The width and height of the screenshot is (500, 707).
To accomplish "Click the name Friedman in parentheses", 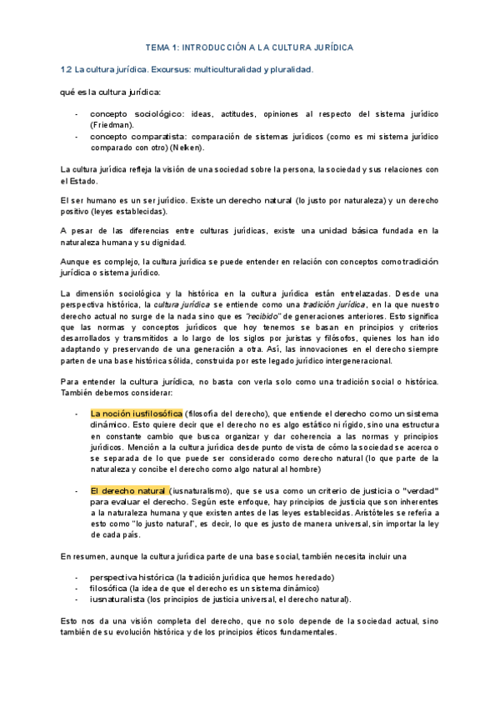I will tap(111, 123).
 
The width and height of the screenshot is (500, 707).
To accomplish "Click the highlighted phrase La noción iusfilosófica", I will tap(136, 412).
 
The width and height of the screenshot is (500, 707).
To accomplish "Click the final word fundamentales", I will tap(299, 631).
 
